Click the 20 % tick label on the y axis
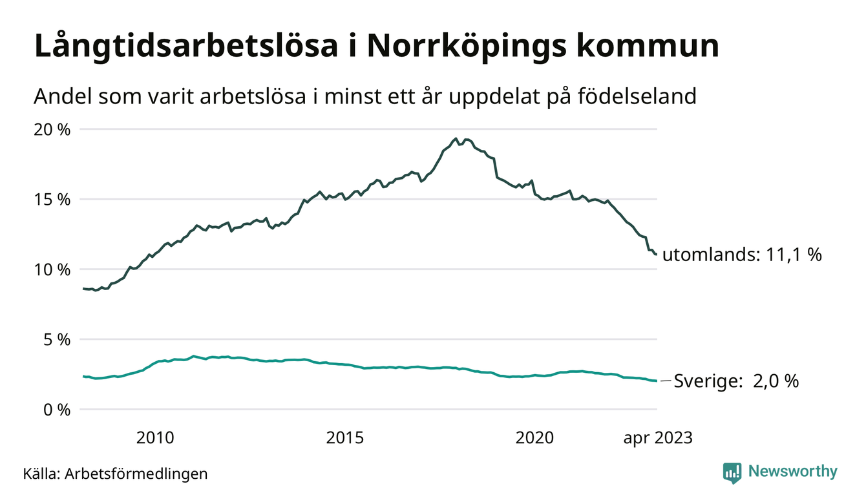pos(52,129)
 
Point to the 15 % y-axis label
pos(52,199)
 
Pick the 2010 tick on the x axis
pos(155,438)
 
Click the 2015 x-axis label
pos(345,438)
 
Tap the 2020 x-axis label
pos(534,438)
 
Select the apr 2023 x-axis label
pos(657,438)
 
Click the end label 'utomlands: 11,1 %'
pos(742,255)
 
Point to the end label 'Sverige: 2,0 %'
pos(736,381)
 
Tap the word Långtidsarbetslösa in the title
pos(189,47)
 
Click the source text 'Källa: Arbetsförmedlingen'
pos(115,474)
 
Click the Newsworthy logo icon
pos(732,472)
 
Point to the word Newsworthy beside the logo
pos(792,472)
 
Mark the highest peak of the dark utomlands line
pos(456,138)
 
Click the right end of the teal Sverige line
pos(656,381)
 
